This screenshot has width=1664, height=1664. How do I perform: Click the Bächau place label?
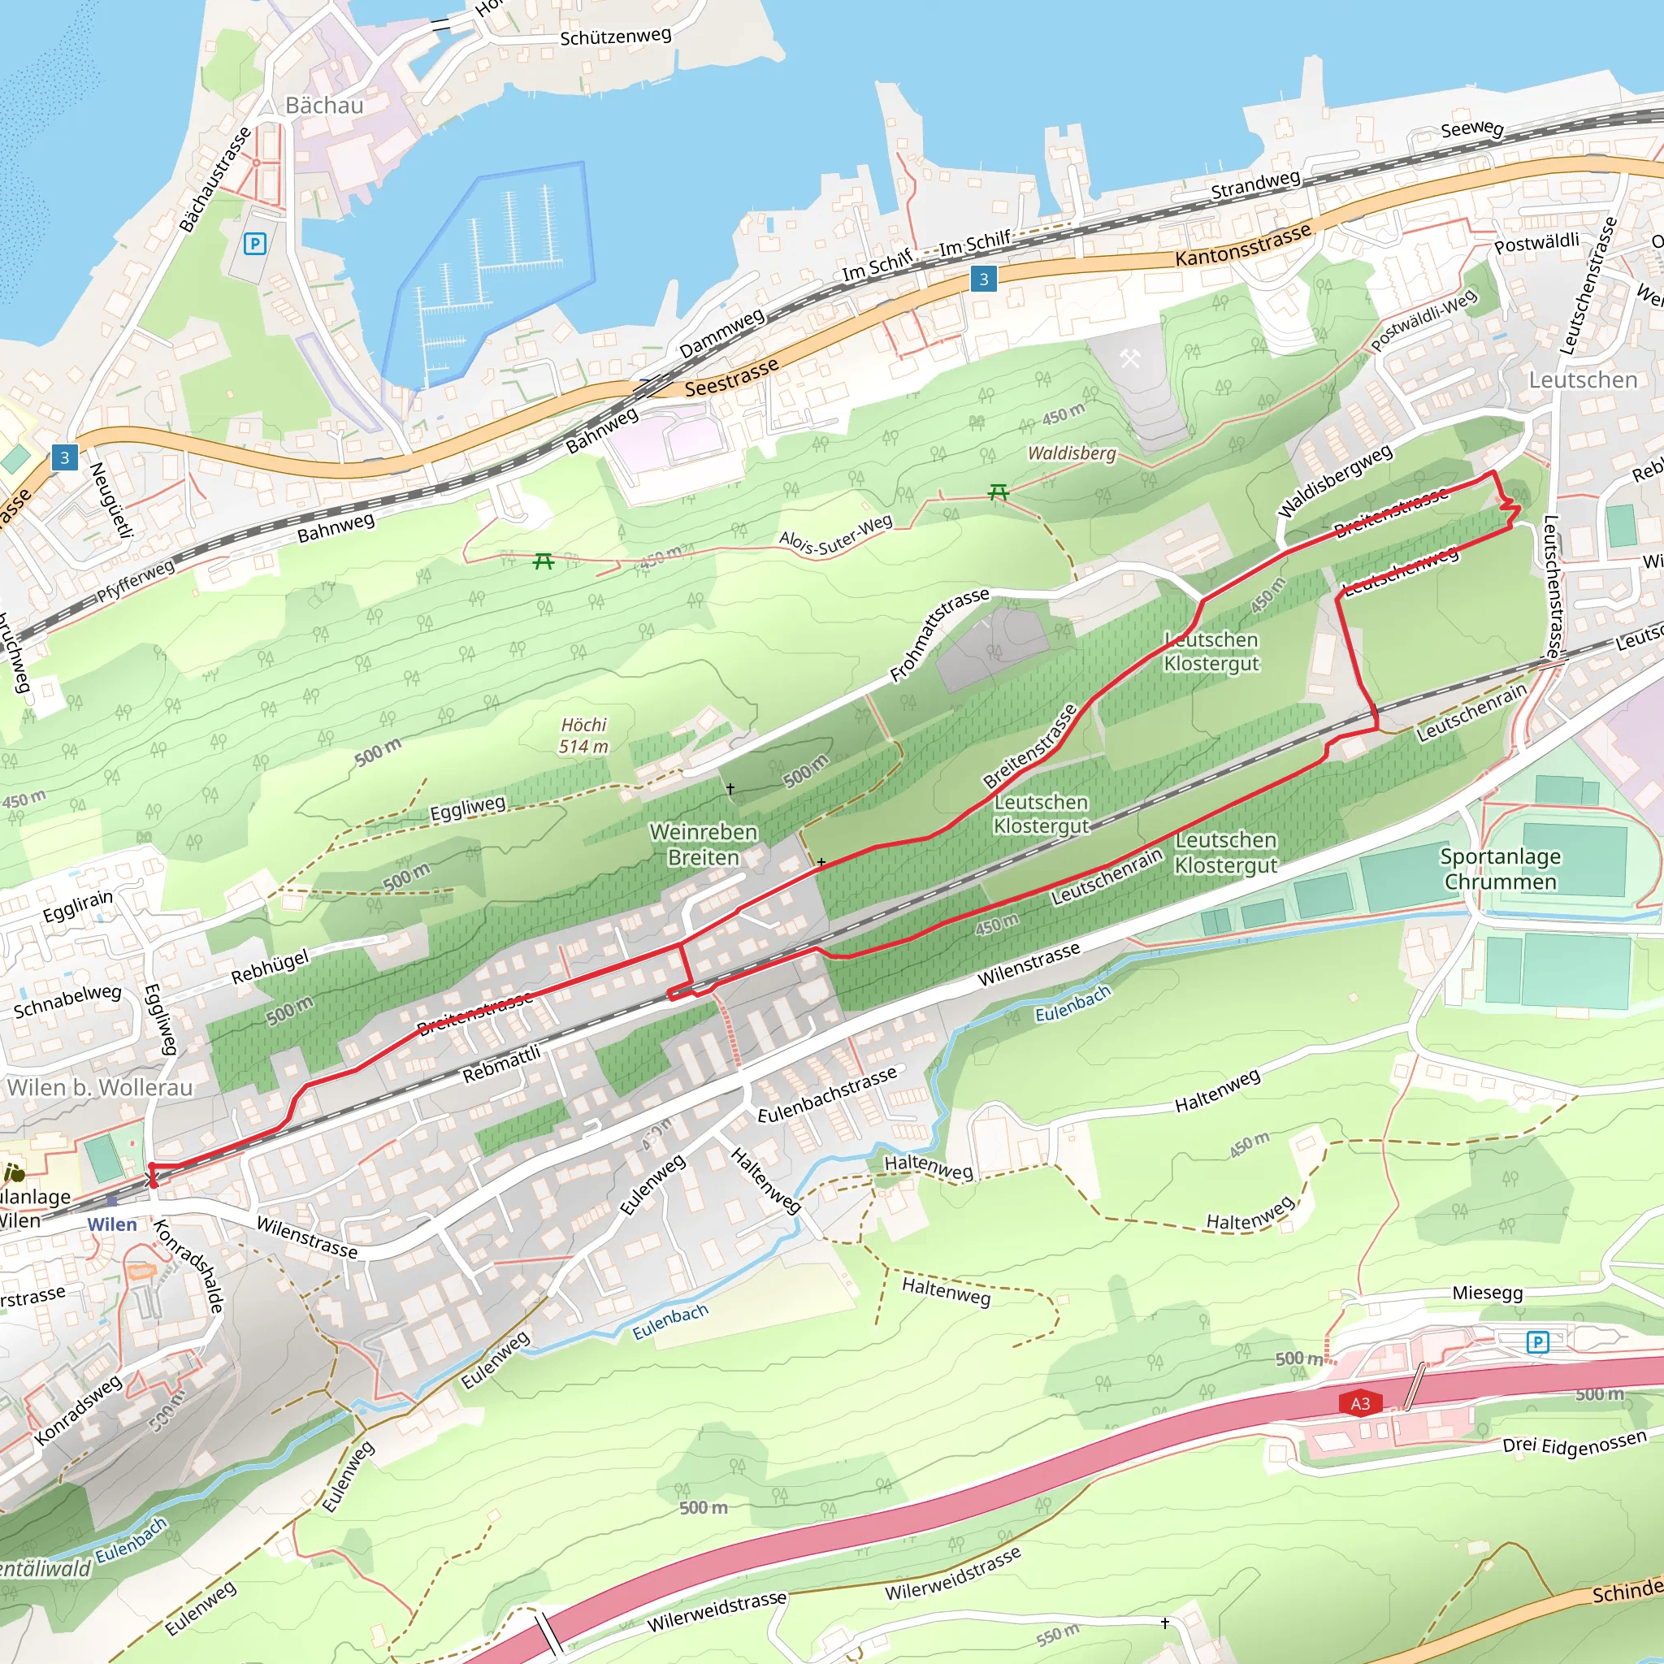324,106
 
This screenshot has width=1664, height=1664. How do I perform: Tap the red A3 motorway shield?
1360,1403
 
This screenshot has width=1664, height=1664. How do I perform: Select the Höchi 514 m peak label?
584,735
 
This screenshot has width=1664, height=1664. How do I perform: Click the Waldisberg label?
1072,453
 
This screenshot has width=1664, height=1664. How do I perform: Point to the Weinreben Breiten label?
703,844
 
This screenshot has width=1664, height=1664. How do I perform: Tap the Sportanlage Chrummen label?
1501,869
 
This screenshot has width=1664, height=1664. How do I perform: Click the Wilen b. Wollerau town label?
100,1087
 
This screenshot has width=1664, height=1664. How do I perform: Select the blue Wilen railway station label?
112,1224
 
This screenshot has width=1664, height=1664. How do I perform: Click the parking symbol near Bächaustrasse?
254,244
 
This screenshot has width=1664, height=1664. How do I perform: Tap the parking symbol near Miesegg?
1537,1341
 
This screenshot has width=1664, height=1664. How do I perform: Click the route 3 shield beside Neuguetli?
65,457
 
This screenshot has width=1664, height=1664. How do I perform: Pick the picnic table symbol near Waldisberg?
999,492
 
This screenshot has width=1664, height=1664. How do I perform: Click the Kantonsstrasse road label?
1243,245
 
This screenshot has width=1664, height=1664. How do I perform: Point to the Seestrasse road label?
731,377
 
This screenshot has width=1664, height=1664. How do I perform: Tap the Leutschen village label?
1582,379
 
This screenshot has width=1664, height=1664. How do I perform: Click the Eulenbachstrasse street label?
827,1094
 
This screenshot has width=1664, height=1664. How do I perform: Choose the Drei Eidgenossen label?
1575,1442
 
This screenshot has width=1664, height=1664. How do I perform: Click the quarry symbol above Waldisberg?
1129,357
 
